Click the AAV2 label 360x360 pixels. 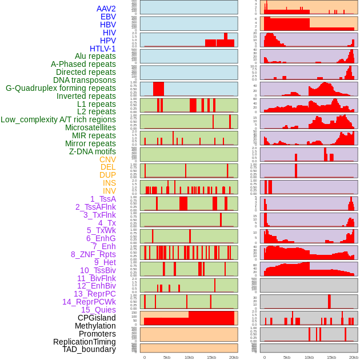click(106, 9)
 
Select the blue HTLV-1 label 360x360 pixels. click(103, 49)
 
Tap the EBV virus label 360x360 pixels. click(108, 17)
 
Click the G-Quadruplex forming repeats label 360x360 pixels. click(61, 88)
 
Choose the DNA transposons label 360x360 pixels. click(85, 80)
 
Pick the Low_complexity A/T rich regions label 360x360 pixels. click(58, 119)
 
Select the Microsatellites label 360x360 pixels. click(90, 127)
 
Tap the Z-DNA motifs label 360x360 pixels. click(93, 151)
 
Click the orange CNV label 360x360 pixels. click(107, 159)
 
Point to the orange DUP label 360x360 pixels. click(107, 175)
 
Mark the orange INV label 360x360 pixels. click(109, 191)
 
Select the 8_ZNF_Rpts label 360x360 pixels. click(93, 254)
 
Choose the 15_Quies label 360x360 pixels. click(98, 310)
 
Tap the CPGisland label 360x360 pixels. click(97, 318)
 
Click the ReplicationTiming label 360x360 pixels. click(85, 342)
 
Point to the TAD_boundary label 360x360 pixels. click(89, 349)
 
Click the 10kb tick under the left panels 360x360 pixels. click(189, 358)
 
